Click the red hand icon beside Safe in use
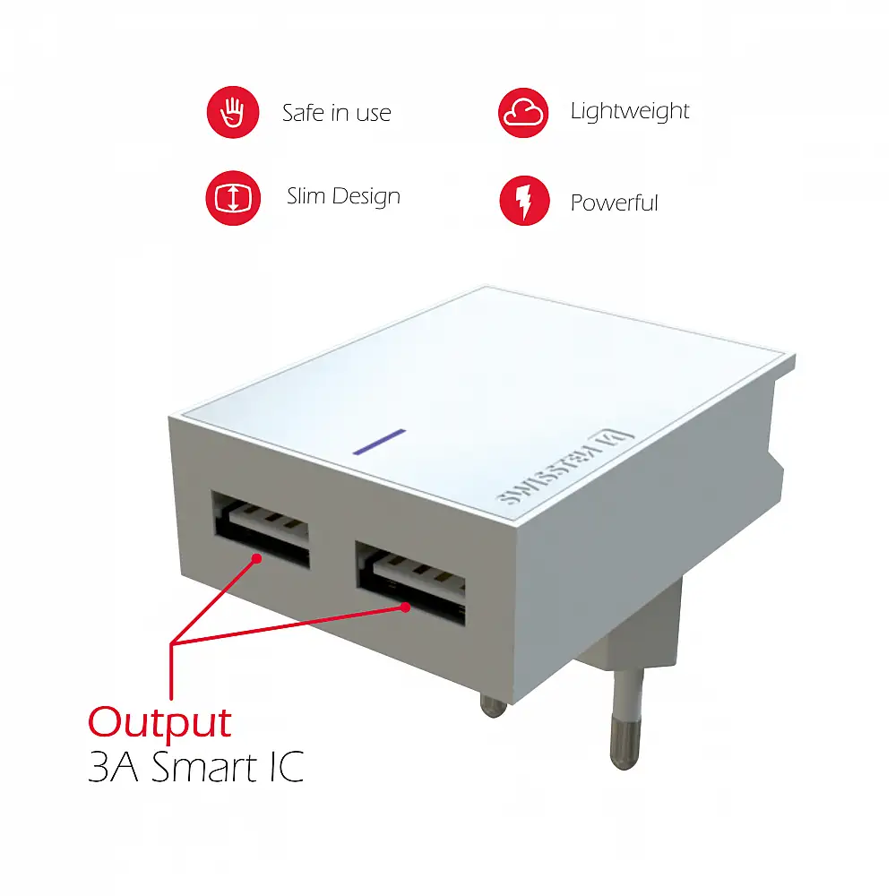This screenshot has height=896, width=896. pyautogui.click(x=233, y=112)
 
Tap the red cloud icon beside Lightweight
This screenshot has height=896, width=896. pyautogui.click(x=523, y=112)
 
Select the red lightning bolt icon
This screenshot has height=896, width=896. pyautogui.click(x=523, y=200)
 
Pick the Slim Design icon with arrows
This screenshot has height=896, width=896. pyautogui.click(x=233, y=198)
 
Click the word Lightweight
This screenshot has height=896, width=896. pyautogui.click(x=630, y=112)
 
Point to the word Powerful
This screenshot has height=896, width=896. pyautogui.click(x=614, y=203)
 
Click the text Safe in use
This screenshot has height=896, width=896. pyautogui.click(x=336, y=114)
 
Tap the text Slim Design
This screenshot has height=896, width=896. pyautogui.click(x=343, y=197)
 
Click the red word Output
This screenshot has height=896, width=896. pyautogui.click(x=159, y=722)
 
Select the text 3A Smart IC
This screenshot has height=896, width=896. pyautogui.click(x=195, y=769)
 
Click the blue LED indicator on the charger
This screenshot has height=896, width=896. pyautogui.click(x=378, y=442)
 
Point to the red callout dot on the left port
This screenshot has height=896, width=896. pyautogui.click(x=258, y=558)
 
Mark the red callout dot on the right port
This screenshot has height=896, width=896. pyautogui.click(x=406, y=607)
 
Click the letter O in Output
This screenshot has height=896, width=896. pyautogui.click(x=106, y=723)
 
